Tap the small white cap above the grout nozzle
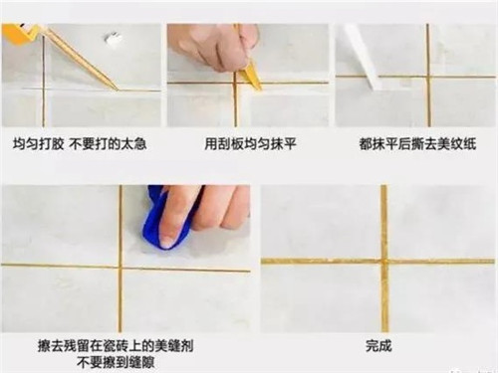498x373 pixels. [114, 41]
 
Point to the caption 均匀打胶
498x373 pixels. [38, 142]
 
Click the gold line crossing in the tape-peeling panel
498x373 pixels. [428, 75]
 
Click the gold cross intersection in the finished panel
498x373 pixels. [383, 261]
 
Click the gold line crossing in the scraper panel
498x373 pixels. [236, 83]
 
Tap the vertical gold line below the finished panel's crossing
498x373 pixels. [384, 298]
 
